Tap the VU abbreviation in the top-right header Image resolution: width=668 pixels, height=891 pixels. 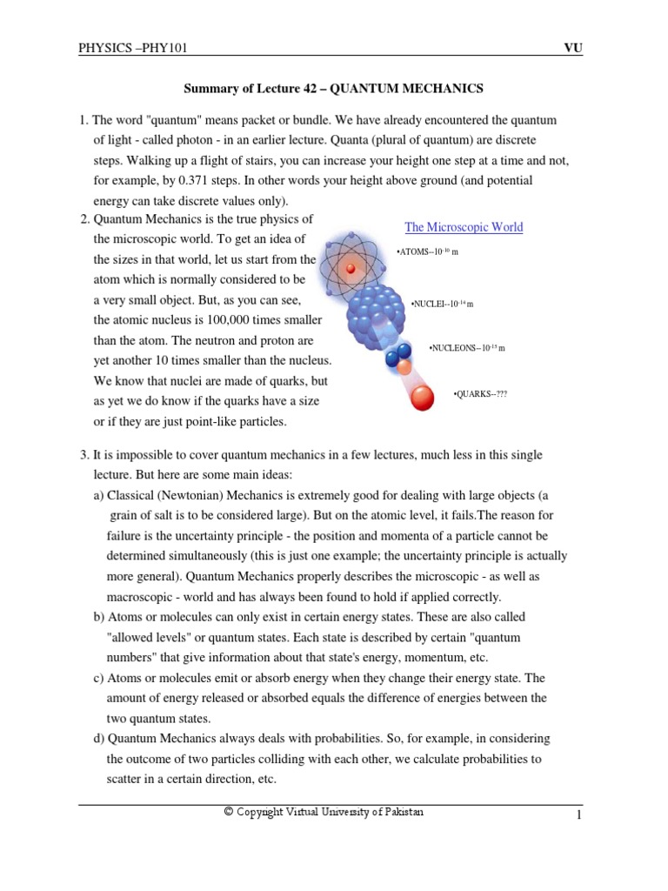click(x=572, y=48)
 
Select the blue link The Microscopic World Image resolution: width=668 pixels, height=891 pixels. click(x=464, y=227)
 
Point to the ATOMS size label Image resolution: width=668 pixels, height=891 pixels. click(x=427, y=251)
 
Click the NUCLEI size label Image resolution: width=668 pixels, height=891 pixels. click(x=442, y=304)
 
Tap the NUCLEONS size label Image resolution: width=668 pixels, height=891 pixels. click(x=466, y=348)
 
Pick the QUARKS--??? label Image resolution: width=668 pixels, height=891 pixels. click(x=479, y=394)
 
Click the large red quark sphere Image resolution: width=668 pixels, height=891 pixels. click(x=422, y=399)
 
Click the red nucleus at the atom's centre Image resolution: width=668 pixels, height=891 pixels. click(x=351, y=268)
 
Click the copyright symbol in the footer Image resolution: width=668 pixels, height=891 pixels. click(x=228, y=812)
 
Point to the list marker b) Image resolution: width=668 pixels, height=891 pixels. click(x=99, y=617)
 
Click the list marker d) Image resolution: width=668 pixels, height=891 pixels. click(x=99, y=739)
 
